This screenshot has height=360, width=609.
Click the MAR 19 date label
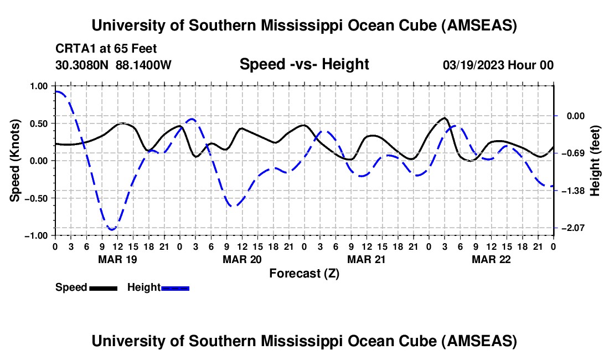click(x=117, y=259)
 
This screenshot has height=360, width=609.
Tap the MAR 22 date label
click(x=491, y=259)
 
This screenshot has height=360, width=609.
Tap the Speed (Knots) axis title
click(x=17, y=160)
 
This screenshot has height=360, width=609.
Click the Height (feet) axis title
click(x=595, y=160)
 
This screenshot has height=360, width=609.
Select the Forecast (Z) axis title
click(x=304, y=273)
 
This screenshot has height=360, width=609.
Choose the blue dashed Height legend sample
click(x=175, y=288)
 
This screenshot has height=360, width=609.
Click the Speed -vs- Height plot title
click(x=304, y=64)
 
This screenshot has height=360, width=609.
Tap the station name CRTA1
click(x=73, y=48)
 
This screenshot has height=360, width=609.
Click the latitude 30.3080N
click(x=83, y=65)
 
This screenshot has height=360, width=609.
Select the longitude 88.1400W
click(x=144, y=65)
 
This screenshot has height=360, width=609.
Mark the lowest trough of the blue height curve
click(x=112, y=229)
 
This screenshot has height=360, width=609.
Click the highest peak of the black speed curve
click(x=445, y=118)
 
